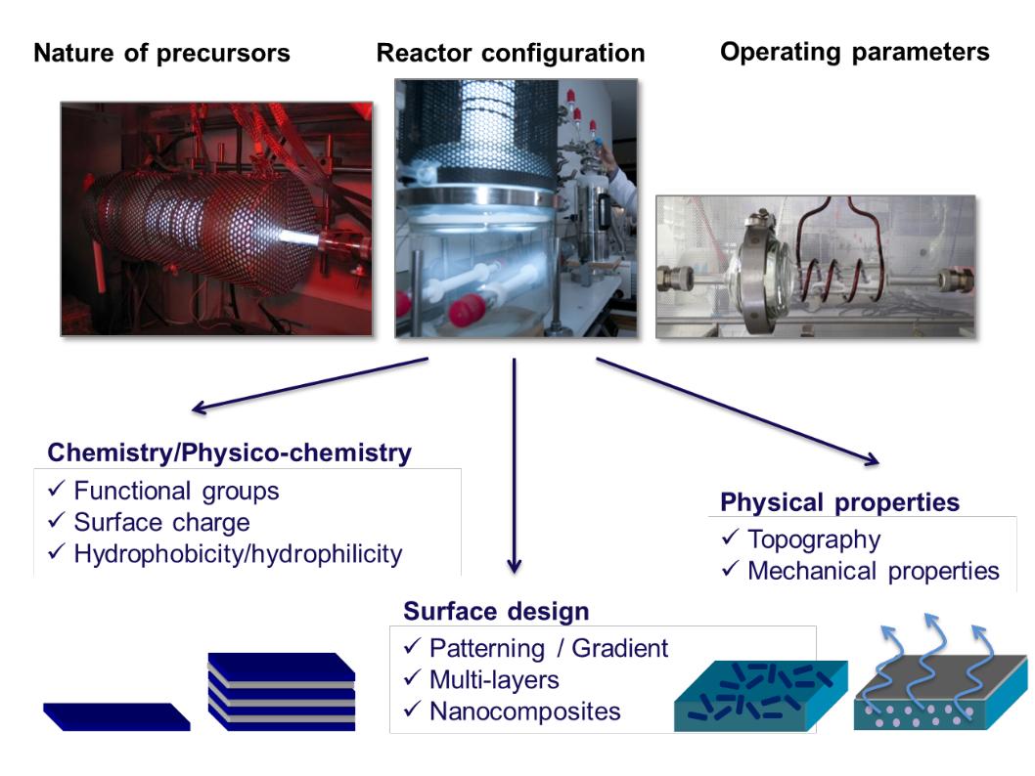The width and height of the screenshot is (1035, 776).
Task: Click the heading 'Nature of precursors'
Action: click(161, 53)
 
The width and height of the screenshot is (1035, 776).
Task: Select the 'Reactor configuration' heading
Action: click(511, 53)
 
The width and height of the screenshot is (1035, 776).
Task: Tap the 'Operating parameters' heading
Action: click(855, 52)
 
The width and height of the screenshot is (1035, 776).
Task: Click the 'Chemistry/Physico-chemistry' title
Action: click(230, 453)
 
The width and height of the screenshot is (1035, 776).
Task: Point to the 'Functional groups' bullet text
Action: click(176, 492)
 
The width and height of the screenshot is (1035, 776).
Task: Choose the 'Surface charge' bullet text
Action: click(161, 522)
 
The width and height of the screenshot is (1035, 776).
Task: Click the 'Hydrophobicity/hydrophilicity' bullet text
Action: click(238, 554)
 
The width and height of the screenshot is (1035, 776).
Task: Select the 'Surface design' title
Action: click(496, 611)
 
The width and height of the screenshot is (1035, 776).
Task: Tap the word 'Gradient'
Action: click(620, 648)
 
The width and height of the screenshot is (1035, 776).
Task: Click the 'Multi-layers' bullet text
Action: click(494, 680)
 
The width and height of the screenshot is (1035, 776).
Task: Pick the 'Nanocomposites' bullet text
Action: click(524, 711)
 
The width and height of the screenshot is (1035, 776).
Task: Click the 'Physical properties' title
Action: click(839, 502)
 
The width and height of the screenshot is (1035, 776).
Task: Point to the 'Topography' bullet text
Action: click(814, 539)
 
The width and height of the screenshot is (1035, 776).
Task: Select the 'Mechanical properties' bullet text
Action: click(874, 571)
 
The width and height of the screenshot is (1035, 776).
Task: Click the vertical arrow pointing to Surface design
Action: click(515, 465)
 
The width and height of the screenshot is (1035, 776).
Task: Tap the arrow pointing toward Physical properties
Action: click(738, 411)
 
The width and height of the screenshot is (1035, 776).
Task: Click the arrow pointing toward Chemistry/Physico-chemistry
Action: click(309, 386)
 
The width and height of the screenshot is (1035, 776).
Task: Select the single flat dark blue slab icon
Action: click(116, 716)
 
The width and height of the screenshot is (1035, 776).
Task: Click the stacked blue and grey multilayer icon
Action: click(282, 692)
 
